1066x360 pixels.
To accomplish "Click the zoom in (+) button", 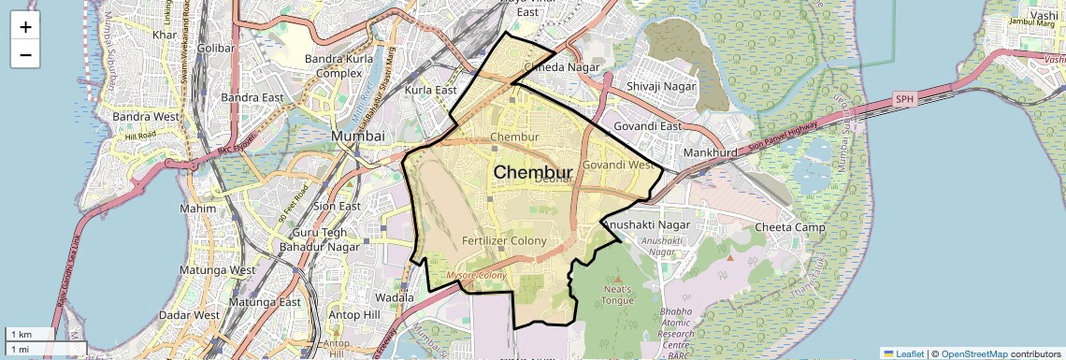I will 25,27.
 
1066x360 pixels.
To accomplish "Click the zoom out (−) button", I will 25,54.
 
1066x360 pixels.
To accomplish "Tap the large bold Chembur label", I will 532,172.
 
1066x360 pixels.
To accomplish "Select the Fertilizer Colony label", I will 504,241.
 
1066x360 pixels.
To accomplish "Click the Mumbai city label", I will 358,136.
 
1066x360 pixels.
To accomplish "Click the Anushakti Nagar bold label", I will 646,225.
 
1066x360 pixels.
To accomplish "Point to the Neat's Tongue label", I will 618,295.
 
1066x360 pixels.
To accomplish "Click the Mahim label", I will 197,209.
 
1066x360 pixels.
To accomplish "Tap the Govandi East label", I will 646,126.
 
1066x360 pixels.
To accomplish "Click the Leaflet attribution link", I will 904,353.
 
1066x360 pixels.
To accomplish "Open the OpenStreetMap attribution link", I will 974,353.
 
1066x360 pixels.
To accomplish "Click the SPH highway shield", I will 903,98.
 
